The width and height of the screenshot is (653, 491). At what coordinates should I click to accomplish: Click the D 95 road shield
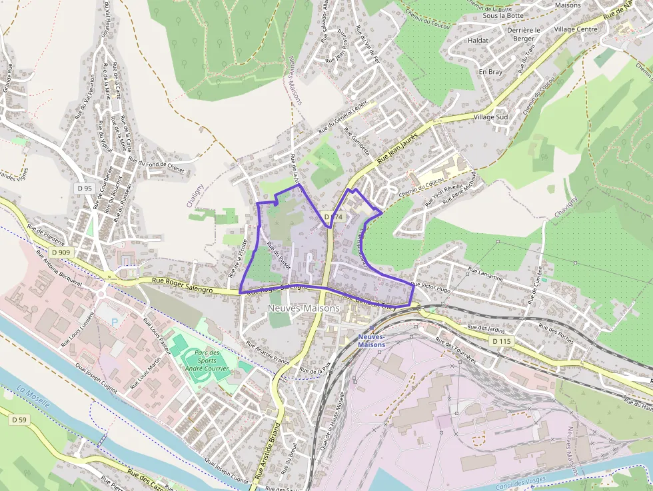[84, 189]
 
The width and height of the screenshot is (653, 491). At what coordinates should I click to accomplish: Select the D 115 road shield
[502, 341]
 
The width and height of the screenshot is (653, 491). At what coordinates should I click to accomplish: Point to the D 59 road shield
[19, 420]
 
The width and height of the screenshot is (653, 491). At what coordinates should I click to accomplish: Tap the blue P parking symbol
[113, 322]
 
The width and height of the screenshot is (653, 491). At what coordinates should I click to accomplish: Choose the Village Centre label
[575, 29]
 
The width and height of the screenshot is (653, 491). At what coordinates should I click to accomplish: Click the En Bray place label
[490, 71]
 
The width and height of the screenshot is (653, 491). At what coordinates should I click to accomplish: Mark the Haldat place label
[478, 40]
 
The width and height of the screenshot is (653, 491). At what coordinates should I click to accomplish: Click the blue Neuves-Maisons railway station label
[371, 340]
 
